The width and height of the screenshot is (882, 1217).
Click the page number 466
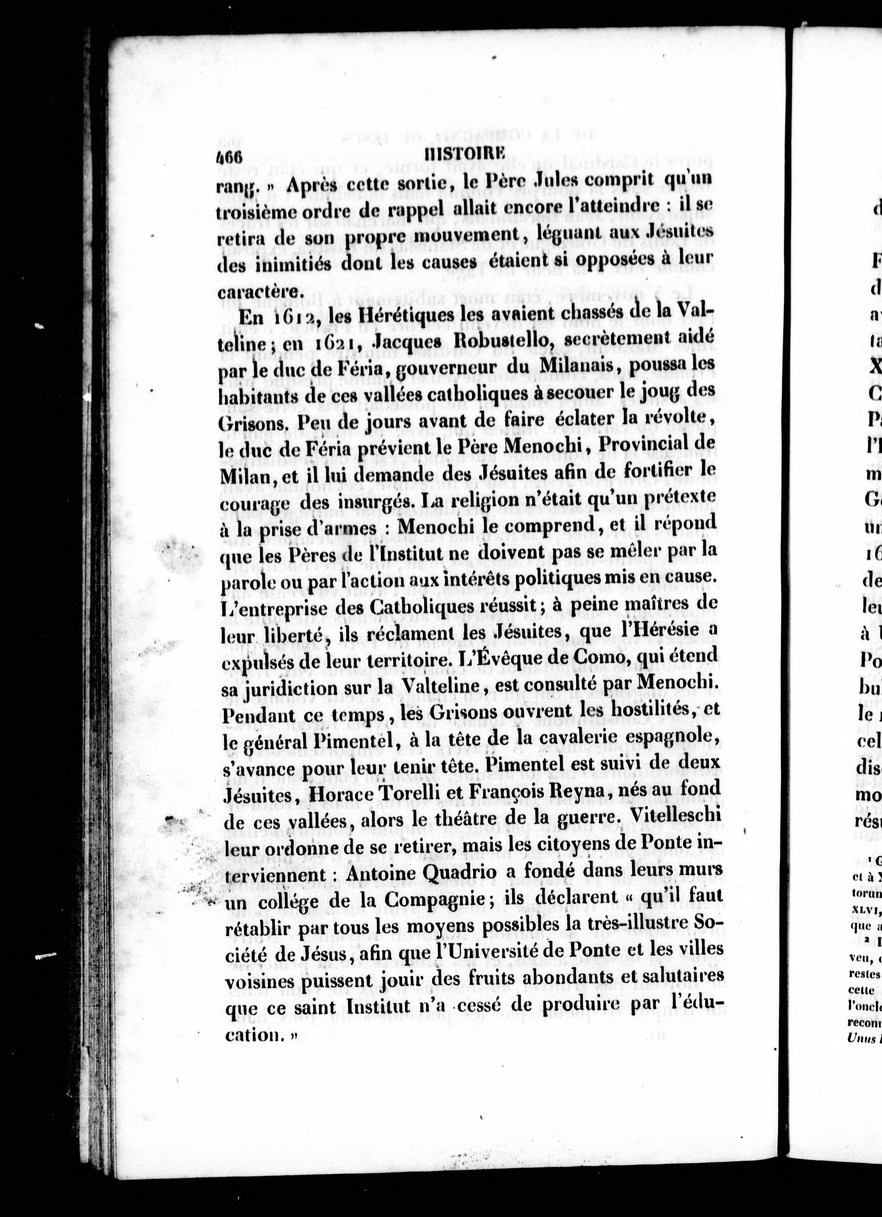(230, 157)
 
